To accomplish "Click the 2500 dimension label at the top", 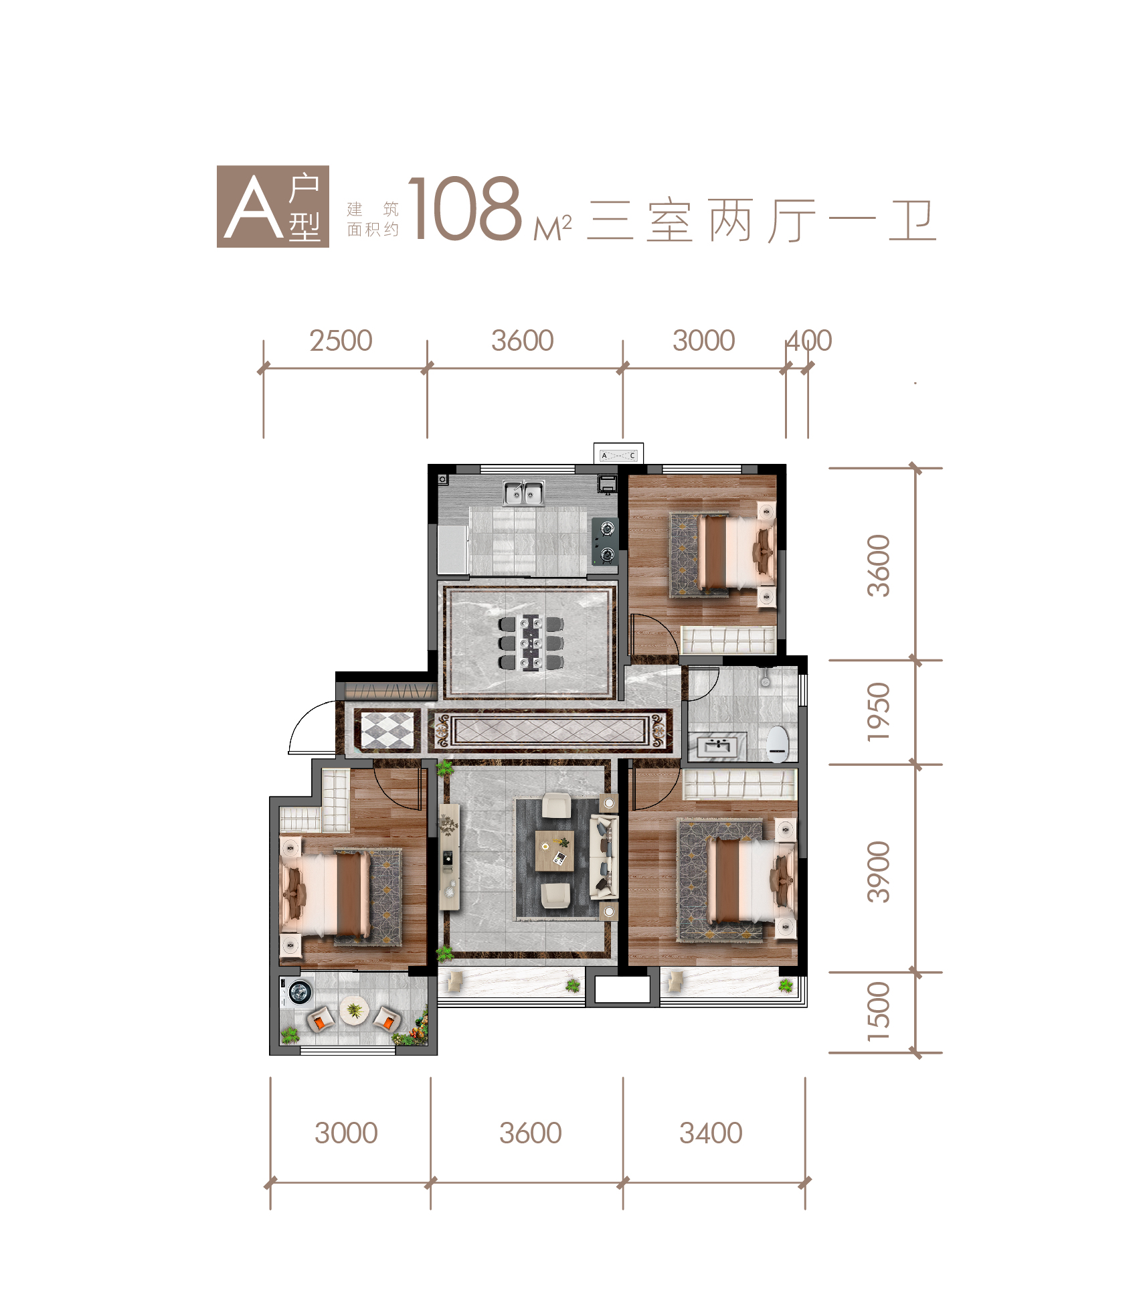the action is point(341,341).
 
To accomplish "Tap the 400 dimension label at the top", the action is point(809,341).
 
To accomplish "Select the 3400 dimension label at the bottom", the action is point(711,1133).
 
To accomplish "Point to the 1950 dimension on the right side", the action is point(879,712).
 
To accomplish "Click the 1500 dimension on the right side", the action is point(879,1011).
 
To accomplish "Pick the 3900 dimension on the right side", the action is point(879,872).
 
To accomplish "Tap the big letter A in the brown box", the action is point(254,207).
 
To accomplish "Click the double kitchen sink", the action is point(524,493).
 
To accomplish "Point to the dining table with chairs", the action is point(531,643).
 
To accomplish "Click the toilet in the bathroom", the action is point(778,744).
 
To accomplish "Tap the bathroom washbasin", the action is point(717,746).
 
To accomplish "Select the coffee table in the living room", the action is point(555,851).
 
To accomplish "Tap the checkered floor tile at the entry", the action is point(387,730).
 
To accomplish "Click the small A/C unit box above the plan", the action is point(618,455).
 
